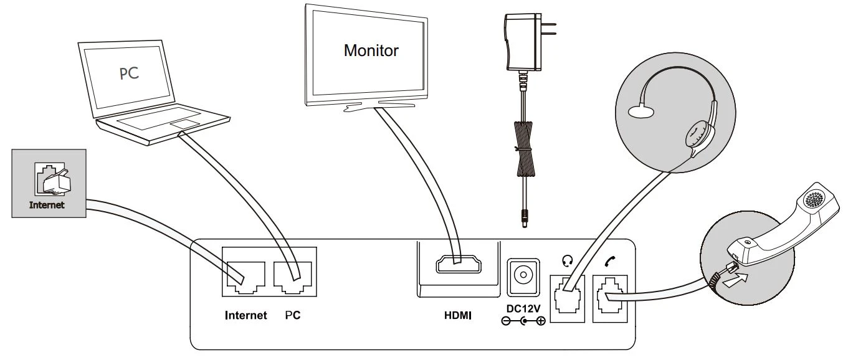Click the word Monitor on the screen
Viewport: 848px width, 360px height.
click(x=371, y=50)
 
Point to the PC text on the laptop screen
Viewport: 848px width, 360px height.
click(x=129, y=73)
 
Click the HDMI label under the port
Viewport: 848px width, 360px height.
click(x=457, y=316)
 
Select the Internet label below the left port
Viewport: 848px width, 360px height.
click(x=245, y=316)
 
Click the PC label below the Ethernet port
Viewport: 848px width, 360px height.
click(x=293, y=316)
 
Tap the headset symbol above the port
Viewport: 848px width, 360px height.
click(x=566, y=262)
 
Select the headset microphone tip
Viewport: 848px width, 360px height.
click(x=641, y=111)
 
